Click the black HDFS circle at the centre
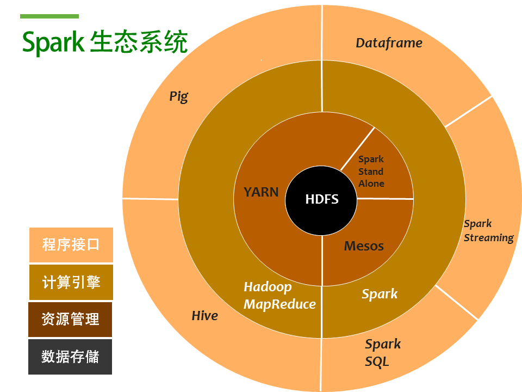pyautogui.click(x=321, y=199)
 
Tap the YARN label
pyautogui.click(x=261, y=192)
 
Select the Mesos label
pyautogui.click(x=364, y=246)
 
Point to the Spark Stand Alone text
pyautogui.click(x=371, y=171)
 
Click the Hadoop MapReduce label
pyautogui.click(x=279, y=296)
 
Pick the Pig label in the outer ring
pyautogui.click(x=178, y=97)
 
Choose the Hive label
pyautogui.click(x=204, y=316)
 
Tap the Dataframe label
pyautogui.click(x=389, y=43)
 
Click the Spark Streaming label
pyautogui.click(x=488, y=231)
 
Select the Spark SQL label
pyautogui.click(x=383, y=353)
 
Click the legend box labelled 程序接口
pyautogui.click(x=71, y=244)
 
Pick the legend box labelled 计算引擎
pyautogui.click(x=71, y=282)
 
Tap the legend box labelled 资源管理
pyautogui.click(x=71, y=319)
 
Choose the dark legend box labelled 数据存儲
pyautogui.click(x=71, y=357)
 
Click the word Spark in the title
pyautogui.click(x=53, y=42)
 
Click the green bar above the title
pyautogui.click(x=49, y=16)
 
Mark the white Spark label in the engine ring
pyautogui.click(x=380, y=294)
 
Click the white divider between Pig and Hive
pyautogui.click(x=151, y=198)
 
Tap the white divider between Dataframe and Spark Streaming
pyautogui.click(x=469, y=112)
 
